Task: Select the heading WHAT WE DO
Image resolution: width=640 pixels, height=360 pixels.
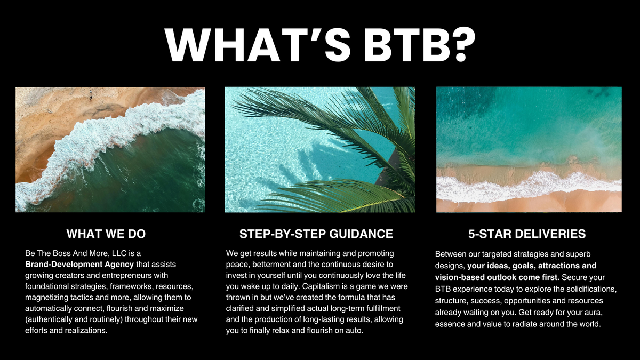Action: [x=106, y=234]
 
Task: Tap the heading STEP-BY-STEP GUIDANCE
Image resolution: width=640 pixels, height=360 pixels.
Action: [x=316, y=234]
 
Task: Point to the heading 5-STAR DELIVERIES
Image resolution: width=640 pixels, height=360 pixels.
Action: [x=527, y=234]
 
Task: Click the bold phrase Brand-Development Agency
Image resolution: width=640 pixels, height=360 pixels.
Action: [x=79, y=265]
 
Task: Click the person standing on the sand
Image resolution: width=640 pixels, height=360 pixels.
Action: [x=91, y=95]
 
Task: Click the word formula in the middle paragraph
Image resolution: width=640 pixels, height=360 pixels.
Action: [x=351, y=298]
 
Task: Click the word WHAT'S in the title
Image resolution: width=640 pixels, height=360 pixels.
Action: [x=258, y=45]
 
